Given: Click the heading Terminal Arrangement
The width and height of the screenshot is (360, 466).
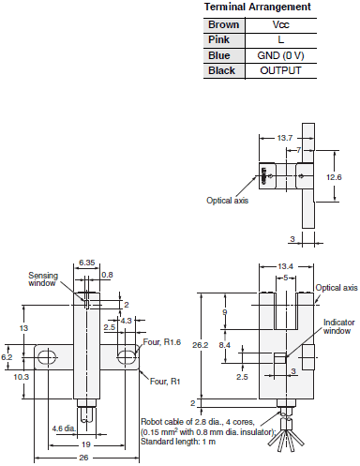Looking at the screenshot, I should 257,8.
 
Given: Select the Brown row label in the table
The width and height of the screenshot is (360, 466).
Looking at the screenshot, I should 222,25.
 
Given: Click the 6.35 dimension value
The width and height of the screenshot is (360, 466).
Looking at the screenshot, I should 87,263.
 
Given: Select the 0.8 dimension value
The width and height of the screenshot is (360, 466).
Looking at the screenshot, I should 107,276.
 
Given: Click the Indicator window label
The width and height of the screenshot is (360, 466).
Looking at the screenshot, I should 338,326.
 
